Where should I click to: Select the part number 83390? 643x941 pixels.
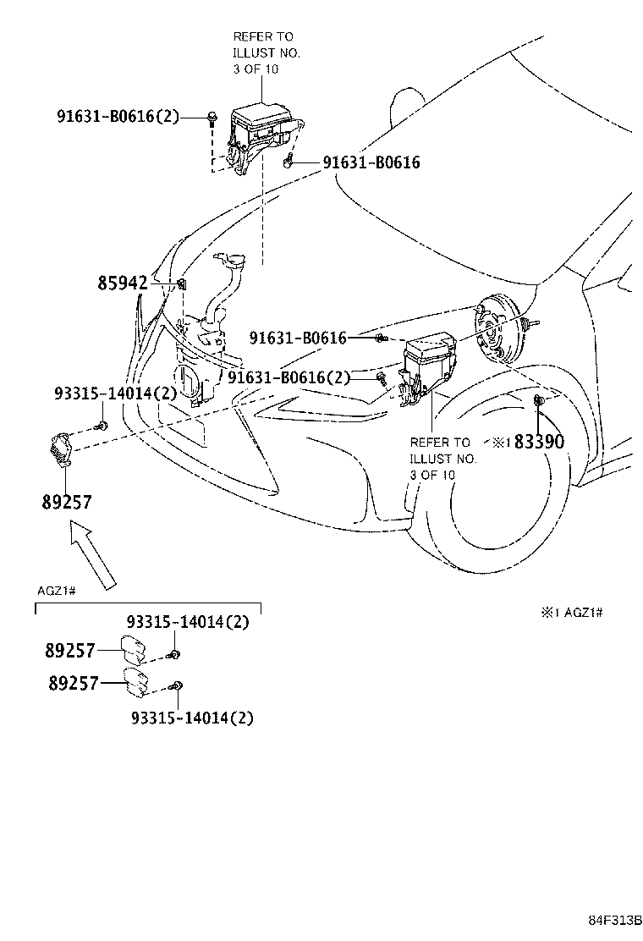(x=539, y=441)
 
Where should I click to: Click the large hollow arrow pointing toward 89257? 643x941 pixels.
(x=92, y=554)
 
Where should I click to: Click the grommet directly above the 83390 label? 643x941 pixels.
(x=538, y=399)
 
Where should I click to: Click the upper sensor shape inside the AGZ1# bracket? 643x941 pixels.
(x=134, y=648)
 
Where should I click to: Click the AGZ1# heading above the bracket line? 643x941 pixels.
(x=56, y=590)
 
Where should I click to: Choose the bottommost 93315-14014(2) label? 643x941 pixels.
(x=192, y=718)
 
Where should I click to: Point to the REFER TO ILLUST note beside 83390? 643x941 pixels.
(x=442, y=458)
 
